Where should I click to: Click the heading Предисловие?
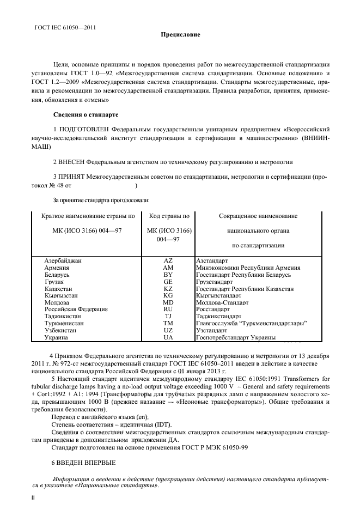tap(180, 35)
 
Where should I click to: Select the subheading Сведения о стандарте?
tap(86, 115)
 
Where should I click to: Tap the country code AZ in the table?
tap(168, 261)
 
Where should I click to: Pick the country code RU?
tap(168, 309)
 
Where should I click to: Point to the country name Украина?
tap(56, 338)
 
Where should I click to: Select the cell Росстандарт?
tap(212, 309)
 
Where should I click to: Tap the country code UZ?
tap(168, 330)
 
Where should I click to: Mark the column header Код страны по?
tap(169, 216)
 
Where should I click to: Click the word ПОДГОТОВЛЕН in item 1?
tap(84, 130)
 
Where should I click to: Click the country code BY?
tap(168, 275)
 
